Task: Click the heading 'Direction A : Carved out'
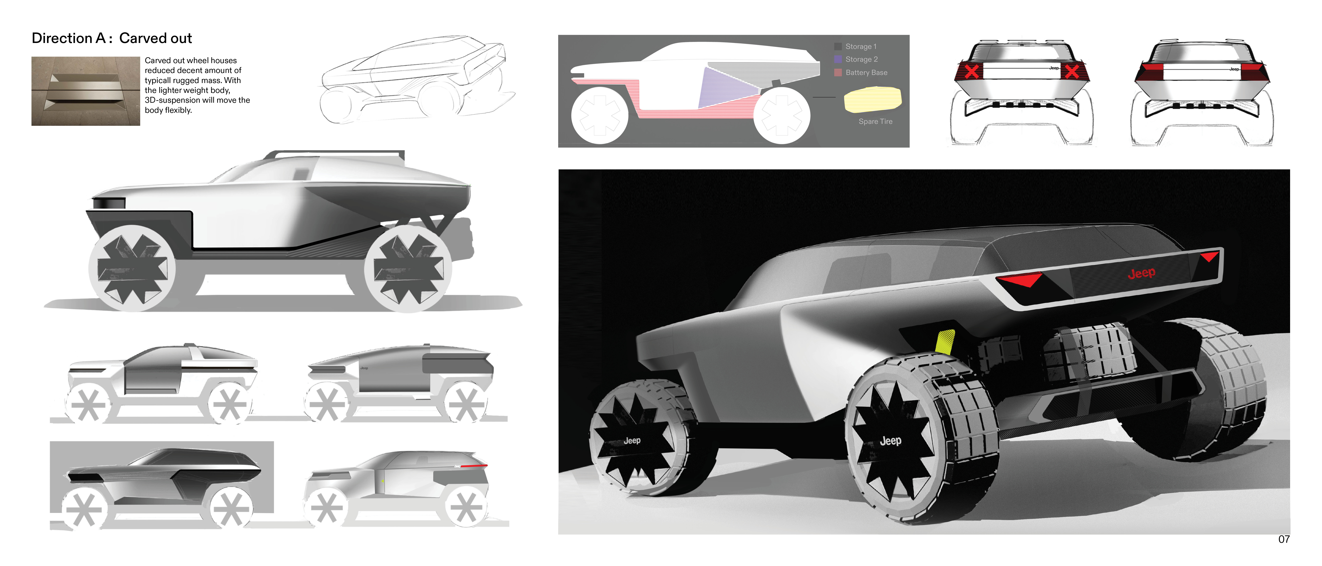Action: click(112, 38)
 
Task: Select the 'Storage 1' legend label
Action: click(861, 47)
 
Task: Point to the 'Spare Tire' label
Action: click(875, 122)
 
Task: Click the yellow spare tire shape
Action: click(873, 99)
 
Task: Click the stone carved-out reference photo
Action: click(86, 91)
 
